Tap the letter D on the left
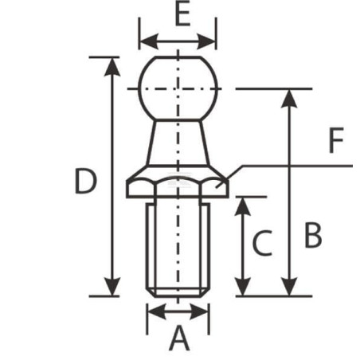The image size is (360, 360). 86,182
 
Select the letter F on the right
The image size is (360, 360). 336,140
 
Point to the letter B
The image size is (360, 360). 313,236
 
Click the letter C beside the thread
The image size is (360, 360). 262,243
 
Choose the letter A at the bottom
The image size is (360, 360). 179,338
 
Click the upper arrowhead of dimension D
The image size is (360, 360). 112,67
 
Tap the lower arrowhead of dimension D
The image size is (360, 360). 112,287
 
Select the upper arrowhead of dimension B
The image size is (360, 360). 289,99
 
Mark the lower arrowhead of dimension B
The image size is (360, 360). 289,287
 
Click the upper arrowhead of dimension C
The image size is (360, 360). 243,206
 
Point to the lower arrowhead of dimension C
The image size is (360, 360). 243,287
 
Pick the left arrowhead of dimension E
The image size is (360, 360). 149,41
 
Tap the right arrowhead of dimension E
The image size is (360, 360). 206,41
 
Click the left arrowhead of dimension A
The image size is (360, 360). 157,311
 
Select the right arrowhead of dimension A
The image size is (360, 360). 199,311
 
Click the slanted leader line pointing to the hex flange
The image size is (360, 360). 229,177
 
